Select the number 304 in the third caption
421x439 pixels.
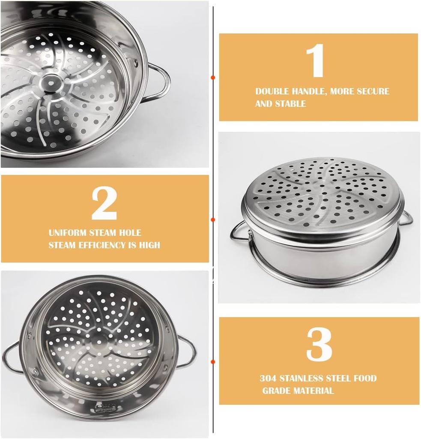click(x=268, y=378)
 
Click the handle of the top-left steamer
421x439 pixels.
click(x=161, y=82)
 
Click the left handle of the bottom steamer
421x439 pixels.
click(x=11, y=356)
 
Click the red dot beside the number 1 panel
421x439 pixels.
click(x=213, y=78)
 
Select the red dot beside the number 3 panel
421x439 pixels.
click(x=213, y=362)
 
